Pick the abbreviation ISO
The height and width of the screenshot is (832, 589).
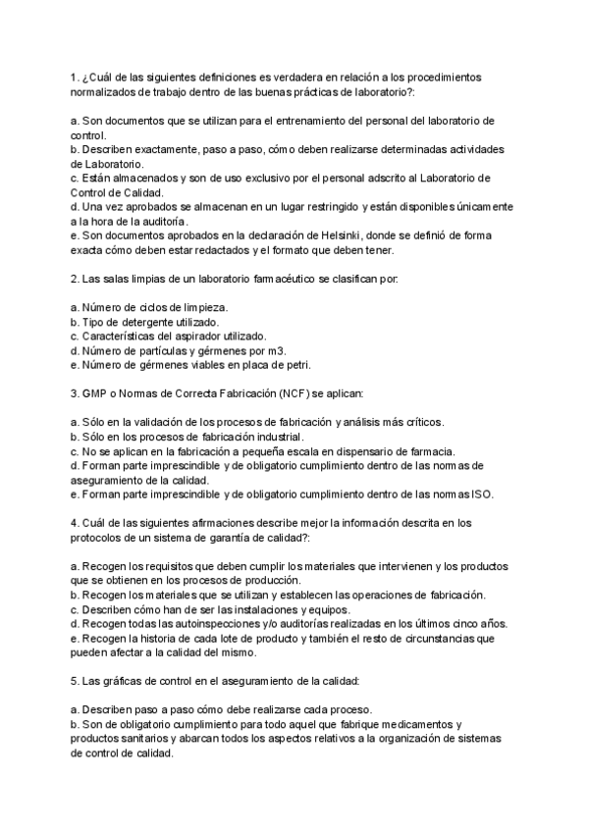pos(481,494)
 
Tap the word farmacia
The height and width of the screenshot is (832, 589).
pos(431,451)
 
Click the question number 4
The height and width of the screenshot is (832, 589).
pos(75,523)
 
